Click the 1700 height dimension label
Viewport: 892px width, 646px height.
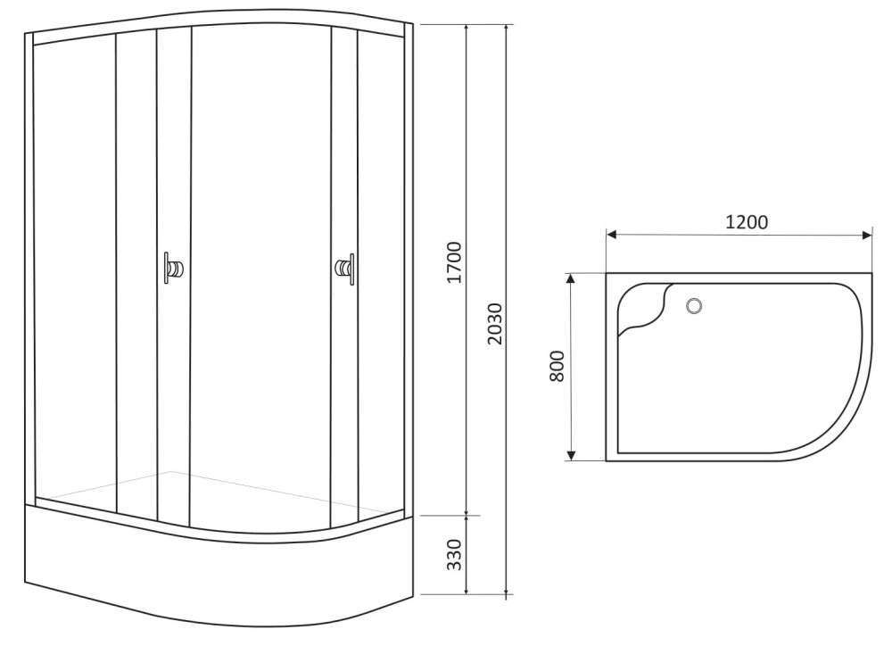(454, 262)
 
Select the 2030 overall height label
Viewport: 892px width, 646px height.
(495, 323)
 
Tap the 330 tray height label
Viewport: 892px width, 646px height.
(454, 554)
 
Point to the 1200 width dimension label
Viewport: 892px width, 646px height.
(747, 221)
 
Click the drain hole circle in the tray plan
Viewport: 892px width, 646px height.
(693, 306)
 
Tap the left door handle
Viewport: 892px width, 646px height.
(173, 268)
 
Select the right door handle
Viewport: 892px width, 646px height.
(344, 268)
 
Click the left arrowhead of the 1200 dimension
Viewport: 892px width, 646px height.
(612, 234)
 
